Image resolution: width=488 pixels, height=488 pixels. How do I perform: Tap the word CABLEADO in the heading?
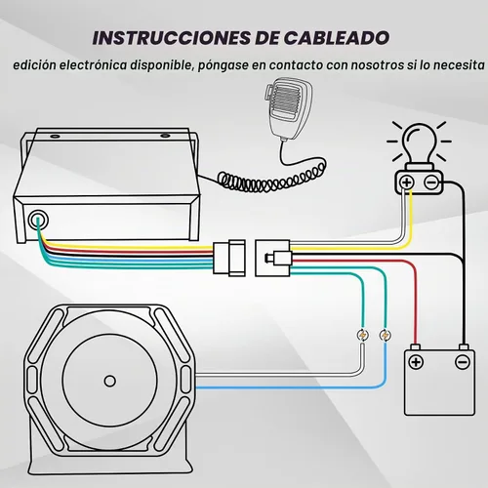click(337, 38)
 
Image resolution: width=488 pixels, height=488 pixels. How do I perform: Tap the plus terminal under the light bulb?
click(407, 183)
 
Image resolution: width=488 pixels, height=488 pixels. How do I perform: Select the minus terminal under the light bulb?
click(431, 183)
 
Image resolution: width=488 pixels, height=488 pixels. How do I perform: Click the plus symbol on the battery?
click(416, 362)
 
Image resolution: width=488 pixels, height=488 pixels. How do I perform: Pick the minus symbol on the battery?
click(463, 362)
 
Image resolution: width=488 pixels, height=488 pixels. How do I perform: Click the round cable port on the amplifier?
click(38, 221)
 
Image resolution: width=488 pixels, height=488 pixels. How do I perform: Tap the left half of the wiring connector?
click(229, 258)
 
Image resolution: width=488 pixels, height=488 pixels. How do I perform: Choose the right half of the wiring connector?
click(273, 258)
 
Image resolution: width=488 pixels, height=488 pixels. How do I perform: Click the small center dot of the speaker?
click(110, 381)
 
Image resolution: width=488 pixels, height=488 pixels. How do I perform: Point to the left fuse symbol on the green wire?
click(363, 335)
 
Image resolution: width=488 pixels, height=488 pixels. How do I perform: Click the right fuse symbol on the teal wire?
click(386, 335)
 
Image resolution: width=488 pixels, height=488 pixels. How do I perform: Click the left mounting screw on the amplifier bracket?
click(55, 136)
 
